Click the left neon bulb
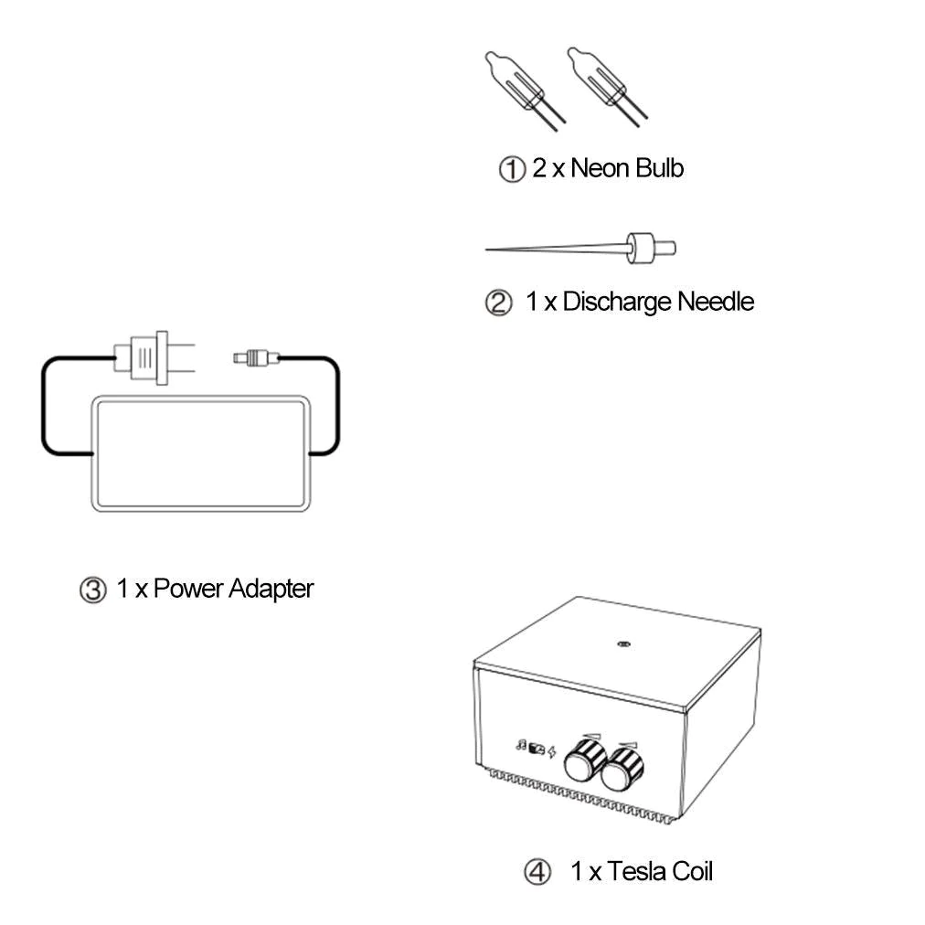(x=519, y=86)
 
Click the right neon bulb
(x=601, y=82)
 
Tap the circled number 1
(x=512, y=169)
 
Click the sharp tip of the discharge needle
(x=486, y=250)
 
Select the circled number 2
(x=498, y=303)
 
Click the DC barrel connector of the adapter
(x=256, y=357)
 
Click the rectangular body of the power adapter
(x=200, y=453)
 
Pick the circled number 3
(x=92, y=590)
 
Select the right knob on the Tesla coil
(x=622, y=769)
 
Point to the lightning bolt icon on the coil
(x=551, y=751)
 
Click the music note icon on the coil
(x=521, y=746)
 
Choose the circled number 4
(x=537, y=872)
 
